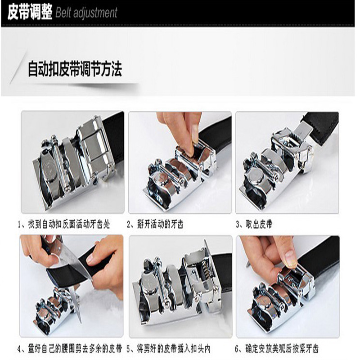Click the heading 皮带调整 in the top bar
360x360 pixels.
coord(30,13)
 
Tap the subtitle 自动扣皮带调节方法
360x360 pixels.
coord(75,70)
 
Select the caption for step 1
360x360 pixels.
coord(63,224)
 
